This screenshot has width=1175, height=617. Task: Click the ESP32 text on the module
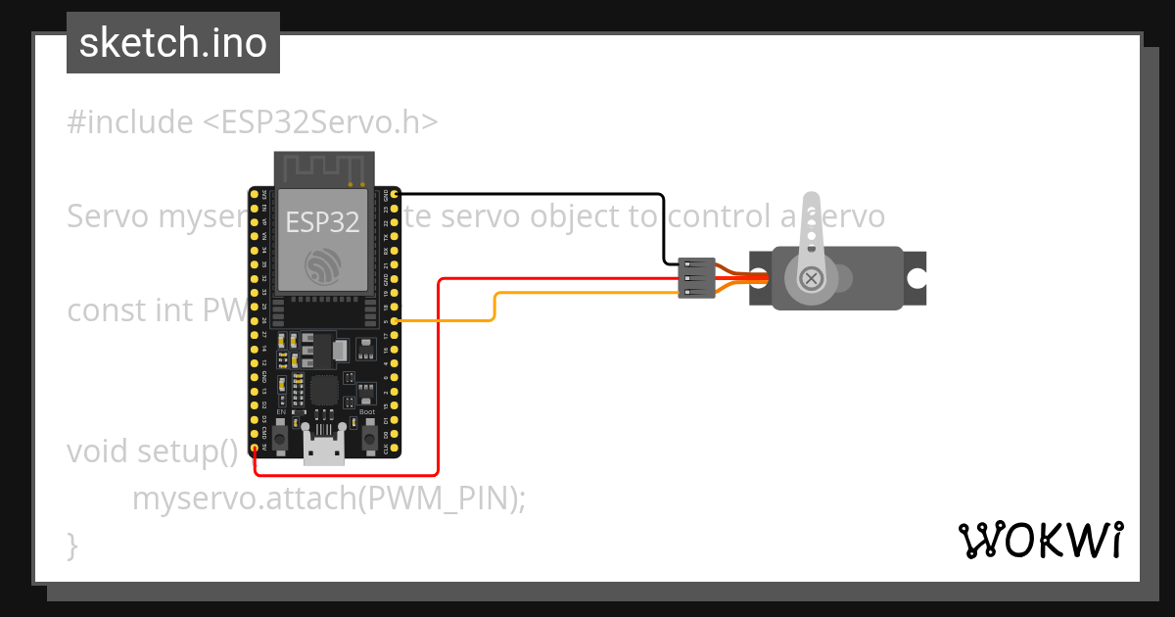tap(322, 221)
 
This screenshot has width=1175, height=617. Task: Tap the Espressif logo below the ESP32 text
tap(322, 265)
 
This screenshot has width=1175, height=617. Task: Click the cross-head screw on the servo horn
tap(811, 279)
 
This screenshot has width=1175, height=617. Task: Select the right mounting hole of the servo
tap(916, 279)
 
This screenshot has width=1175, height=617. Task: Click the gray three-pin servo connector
tap(694, 279)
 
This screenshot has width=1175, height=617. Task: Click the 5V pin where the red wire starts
tap(255, 448)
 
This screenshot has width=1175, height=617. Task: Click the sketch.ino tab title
tap(173, 43)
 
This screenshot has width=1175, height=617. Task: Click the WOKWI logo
tap(1040, 540)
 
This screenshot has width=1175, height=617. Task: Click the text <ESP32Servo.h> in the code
tap(320, 122)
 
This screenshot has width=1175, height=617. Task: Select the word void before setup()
tap(98, 451)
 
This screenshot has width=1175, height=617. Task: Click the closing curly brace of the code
tap(72, 544)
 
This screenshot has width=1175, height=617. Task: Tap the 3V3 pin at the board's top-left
tap(255, 194)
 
